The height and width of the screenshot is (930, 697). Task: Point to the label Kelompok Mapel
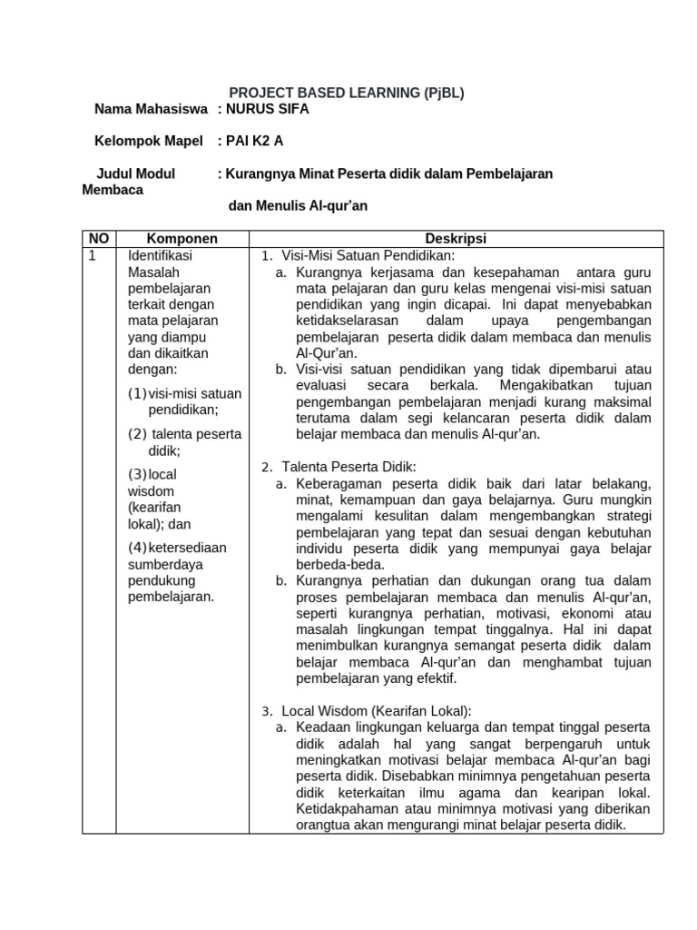pos(149,141)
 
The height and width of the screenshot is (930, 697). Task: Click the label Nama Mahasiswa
pos(150,109)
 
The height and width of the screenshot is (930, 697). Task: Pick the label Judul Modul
pos(137,173)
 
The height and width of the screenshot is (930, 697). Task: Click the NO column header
pos(99,239)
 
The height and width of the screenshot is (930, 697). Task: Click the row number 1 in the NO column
pos(92,255)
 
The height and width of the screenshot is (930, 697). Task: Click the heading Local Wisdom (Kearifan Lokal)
pos(377,710)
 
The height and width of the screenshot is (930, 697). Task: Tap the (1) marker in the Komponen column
pos(137,393)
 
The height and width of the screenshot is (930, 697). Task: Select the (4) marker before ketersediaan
pos(138,547)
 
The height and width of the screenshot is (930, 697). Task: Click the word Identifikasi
pos(161,255)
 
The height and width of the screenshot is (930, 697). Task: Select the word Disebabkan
pos(419,776)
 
